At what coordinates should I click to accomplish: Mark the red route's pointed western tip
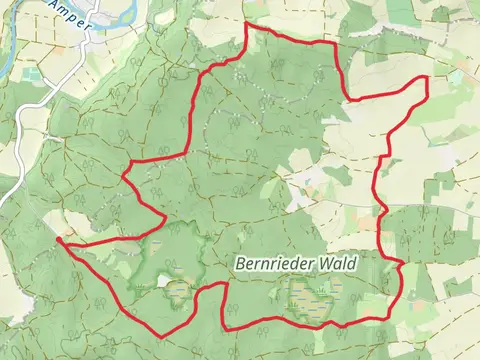pyautogui.click(x=59, y=240)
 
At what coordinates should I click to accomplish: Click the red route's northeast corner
pyautogui.click(x=427, y=77)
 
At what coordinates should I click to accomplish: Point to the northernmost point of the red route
pyautogui.click(x=247, y=23)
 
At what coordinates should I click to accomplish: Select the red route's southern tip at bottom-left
pyautogui.click(x=161, y=334)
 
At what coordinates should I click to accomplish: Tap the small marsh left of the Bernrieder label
pyautogui.click(x=179, y=291)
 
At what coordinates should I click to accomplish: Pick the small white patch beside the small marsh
pyautogui.click(x=163, y=281)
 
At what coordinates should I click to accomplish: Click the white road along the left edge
pyautogui.click(x=12, y=196)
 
